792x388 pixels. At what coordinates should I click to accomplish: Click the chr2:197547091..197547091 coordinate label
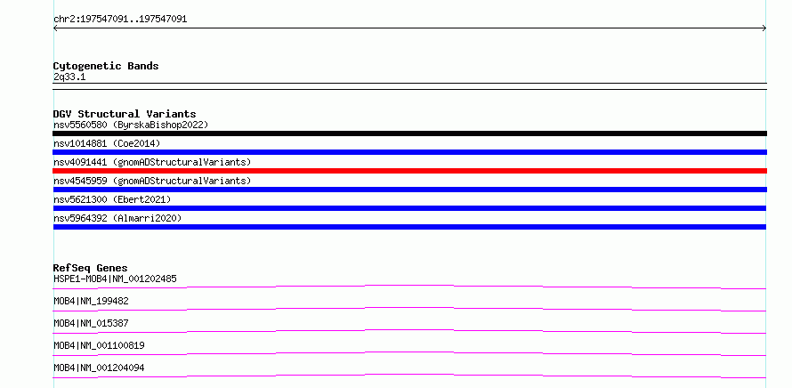120,20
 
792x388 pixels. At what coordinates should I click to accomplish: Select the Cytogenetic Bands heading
106,66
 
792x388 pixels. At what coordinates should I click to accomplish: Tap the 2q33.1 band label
69,77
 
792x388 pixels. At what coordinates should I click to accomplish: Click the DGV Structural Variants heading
125,114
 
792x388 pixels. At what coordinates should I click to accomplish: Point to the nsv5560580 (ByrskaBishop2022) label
131,125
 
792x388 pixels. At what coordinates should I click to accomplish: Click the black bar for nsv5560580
409,133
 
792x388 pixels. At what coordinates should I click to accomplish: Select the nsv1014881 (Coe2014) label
107,143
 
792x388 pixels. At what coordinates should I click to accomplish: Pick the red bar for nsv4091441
409,171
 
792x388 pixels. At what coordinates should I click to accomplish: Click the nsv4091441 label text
80,162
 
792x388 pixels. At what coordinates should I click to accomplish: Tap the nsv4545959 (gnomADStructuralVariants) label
152,181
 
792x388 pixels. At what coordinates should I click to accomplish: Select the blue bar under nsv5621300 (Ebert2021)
409,208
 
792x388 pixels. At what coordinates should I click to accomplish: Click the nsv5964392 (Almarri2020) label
117,218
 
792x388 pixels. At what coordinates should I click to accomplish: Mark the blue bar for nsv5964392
409,227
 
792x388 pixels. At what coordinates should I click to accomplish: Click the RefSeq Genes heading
91,268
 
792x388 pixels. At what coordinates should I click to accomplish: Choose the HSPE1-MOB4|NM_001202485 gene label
115,279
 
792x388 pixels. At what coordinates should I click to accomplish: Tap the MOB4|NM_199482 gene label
91,301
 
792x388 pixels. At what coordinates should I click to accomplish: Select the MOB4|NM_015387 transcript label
91,323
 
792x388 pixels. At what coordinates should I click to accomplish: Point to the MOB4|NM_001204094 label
99,368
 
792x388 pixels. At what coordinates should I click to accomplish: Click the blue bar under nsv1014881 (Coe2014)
409,152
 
